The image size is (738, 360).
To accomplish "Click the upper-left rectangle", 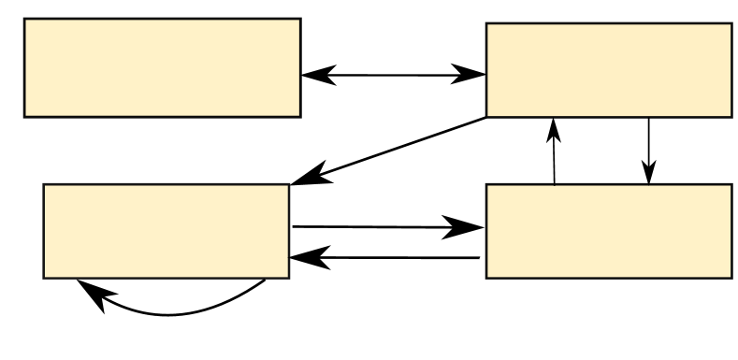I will tap(162, 67).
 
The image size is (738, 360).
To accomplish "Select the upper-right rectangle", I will tap(608, 70).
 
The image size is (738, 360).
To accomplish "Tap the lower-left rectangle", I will tap(166, 231).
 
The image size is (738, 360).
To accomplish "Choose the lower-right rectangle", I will tap(608, 231).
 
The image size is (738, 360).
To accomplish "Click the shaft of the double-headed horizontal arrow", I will tap(393, 75).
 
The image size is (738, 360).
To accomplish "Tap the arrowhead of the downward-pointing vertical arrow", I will tap(649, 173).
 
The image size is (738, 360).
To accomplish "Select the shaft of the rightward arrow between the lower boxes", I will tap(374, 226).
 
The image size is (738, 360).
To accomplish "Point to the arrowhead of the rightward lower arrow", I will tap(470, 227).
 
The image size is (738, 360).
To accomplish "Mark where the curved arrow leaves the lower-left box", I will tap(265, 280).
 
